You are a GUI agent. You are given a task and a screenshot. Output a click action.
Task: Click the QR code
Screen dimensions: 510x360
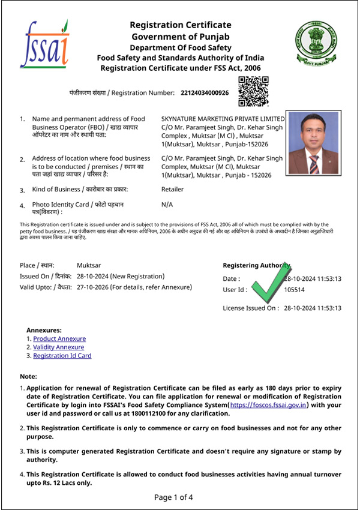(x=253, y=92)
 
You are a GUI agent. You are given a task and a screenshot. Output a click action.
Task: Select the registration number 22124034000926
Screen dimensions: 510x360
(x=205, y=93)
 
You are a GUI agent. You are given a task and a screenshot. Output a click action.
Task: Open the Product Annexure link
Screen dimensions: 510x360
(x=59, y=339)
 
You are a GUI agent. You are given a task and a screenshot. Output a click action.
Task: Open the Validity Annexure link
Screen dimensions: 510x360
(x=59, y=347)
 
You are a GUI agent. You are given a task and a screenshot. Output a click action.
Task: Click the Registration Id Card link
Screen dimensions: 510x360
(x=62, y=356)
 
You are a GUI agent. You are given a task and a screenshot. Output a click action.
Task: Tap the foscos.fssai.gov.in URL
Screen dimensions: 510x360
(x=269, y=406)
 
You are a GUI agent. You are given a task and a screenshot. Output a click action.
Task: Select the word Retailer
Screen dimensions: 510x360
(x=173, y=190)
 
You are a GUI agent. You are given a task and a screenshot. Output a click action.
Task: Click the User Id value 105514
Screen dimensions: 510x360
(x=295, y=290)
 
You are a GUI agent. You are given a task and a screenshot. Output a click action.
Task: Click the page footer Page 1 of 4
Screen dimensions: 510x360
(x=173, y=497)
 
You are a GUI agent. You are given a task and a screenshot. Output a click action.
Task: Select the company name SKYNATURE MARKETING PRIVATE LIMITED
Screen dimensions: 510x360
(x=223, y=119)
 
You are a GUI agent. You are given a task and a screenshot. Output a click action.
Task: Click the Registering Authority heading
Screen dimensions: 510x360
(x=256, y=265)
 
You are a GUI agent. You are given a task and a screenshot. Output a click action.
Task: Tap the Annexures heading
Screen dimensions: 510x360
(x=44, y=330)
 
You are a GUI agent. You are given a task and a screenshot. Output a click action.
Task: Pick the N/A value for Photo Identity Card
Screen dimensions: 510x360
(x=167, y=205)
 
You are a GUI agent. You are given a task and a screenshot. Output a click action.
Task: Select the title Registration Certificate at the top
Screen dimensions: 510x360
(x=181, y=25)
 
